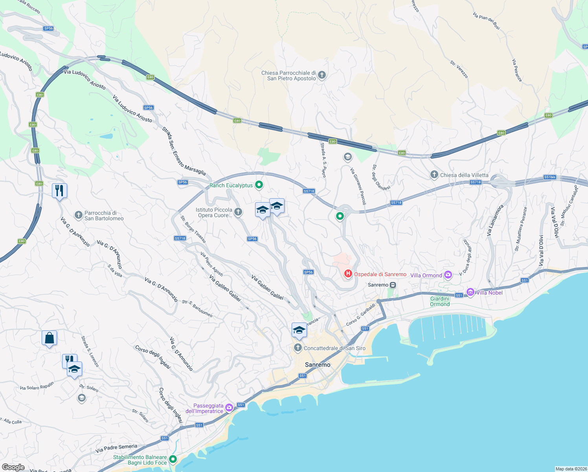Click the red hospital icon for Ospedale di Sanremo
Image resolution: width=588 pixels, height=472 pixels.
tap(348, 273)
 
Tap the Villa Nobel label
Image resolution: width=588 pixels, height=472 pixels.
tap(489, 293)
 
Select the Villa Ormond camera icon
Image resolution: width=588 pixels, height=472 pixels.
tap(448, 275)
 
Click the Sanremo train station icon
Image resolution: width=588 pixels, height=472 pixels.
tap(393, 285)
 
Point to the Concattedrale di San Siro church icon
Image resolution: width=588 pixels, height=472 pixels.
tap(298, 348)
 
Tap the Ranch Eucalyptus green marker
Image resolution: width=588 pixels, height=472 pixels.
tap(259, 184)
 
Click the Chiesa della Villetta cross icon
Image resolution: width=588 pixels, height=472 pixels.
tap(434, 175)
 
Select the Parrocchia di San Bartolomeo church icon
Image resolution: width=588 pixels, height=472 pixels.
tap(78, 215)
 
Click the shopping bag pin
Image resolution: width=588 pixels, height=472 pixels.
tap(50, 337)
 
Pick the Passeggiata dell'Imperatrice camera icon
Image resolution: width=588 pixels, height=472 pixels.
tap(229, 407)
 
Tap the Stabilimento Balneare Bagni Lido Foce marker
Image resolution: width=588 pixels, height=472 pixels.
tap(173, 459)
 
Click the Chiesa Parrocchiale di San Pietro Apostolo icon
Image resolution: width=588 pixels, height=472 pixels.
tap(322, 75)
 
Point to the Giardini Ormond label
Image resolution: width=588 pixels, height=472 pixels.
tap(440, 301)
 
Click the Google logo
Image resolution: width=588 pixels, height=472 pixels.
tap(13, 467)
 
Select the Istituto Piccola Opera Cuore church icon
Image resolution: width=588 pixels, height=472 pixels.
tap(238, 212)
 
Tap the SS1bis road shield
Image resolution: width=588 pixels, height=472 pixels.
tap(550, 177)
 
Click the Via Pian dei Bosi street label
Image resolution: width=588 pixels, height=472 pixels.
tap(487, 21)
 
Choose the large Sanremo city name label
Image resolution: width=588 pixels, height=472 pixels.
tap(318, 365)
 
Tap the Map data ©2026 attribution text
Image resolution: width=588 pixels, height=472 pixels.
tap(571, 469)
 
